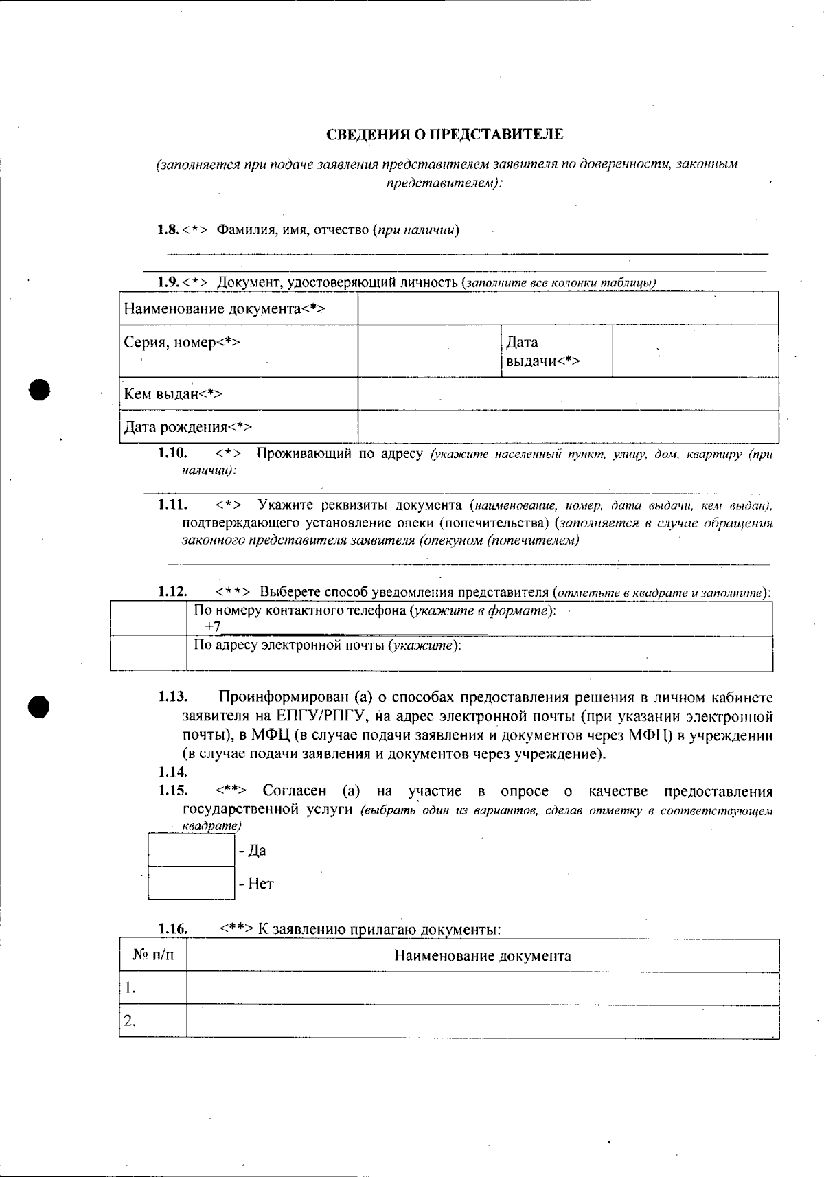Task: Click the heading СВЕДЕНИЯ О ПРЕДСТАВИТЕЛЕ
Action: coord(444,135)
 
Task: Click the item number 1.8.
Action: coord(168,229)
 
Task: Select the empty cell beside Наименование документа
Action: coord(568,308)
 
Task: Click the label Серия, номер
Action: coord(182,342)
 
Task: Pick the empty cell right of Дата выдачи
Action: coord(695,351)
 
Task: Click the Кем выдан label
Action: coord(173,394)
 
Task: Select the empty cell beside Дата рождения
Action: coord(568,426)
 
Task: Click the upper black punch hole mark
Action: coord(40,389)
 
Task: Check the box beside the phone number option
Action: coord(148,619)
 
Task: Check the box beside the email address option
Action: coord(148,653)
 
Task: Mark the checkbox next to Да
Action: coord(192,850)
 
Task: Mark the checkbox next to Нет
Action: coord(192,883)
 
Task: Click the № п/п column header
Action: coord(152,956)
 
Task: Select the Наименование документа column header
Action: coord(482,956)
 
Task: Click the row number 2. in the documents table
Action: coord(129,1021)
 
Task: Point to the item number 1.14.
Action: coord(172,772)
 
